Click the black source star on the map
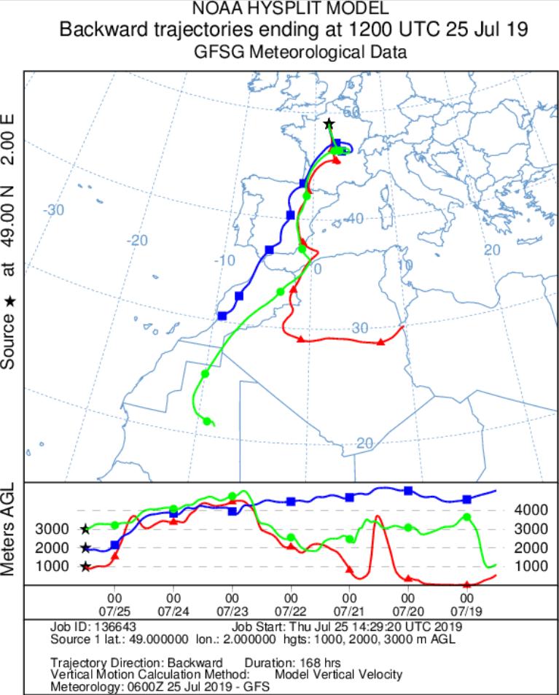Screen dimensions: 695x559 [329, 124]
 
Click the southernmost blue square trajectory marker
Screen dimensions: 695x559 [222, 316]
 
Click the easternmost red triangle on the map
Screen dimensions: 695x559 [380, 342]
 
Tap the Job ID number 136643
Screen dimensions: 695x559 [120, 626]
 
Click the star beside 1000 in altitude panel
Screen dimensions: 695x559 [85, 567]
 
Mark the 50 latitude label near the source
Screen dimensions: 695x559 [353, 112]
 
